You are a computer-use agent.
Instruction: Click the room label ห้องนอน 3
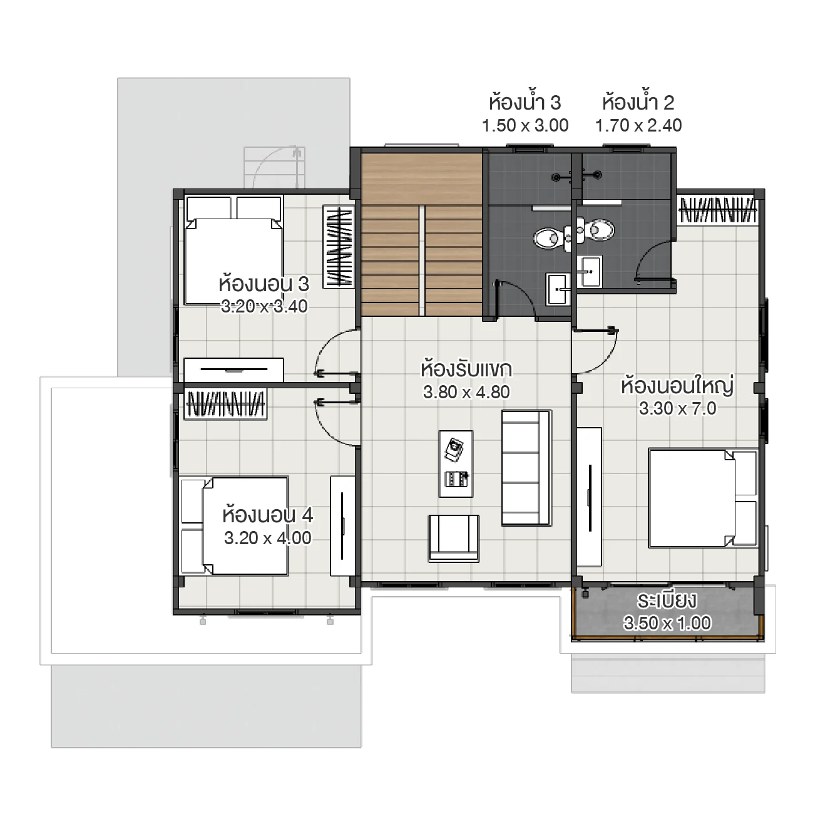click(264, 284)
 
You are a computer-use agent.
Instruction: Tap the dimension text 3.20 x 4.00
click(267, 538)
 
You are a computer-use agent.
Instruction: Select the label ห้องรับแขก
click(466, 369)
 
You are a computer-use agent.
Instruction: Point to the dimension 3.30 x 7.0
click(677, 408)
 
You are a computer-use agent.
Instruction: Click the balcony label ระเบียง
click(667, 601)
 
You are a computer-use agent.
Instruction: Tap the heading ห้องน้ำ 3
click(525, 102)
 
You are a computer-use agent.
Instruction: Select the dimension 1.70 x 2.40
click(638, 125)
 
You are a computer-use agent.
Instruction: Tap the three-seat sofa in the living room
click(526, 467)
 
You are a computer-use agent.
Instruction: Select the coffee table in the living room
click(456, 463)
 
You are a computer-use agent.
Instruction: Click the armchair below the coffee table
click(454, 537)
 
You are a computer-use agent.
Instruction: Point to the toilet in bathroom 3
click(549, 237)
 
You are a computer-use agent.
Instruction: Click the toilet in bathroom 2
click(600, 230)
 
